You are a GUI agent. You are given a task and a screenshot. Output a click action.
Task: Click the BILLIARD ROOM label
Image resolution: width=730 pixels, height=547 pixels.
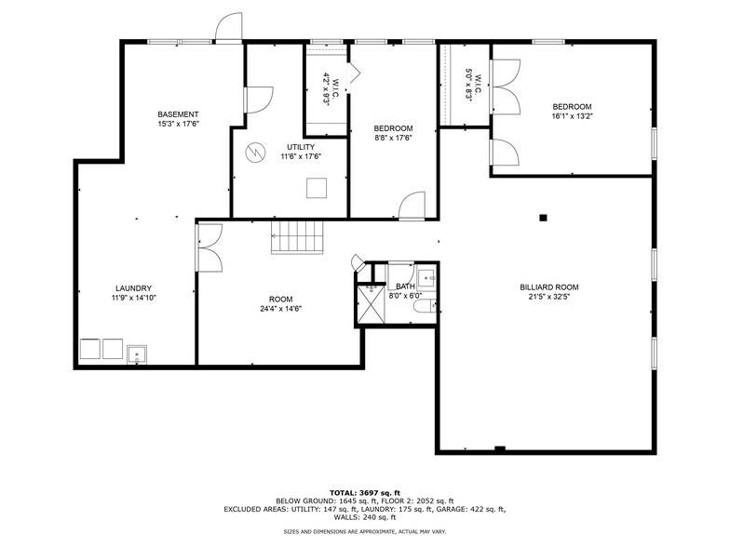[x=549, y=287]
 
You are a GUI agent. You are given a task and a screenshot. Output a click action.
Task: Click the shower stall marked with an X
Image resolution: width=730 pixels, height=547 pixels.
[x=371, y=304]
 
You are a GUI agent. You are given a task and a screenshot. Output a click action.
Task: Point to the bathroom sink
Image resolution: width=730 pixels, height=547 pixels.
[x=426, y=276]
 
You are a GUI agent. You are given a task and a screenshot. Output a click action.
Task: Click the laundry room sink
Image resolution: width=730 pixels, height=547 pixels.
[x=137, y=353]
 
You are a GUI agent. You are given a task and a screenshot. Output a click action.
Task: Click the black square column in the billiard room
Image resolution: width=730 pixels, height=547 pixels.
[x=544, y=219]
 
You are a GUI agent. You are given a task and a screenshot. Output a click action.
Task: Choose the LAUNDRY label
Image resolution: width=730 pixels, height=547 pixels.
[x=133, y=288]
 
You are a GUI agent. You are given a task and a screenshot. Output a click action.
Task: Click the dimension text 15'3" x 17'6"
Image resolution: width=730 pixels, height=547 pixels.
[x=178, y=123]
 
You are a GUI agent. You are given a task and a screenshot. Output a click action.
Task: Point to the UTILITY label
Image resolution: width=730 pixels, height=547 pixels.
[x=300, y=147]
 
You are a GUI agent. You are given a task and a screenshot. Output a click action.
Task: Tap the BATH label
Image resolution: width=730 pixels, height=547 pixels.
[x=404, y=287]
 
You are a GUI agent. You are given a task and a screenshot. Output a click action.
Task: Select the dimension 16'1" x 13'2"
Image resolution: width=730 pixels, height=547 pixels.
[x=572, y=116]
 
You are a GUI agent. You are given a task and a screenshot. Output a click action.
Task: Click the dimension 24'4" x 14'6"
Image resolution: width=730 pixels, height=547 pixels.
[x=280, y=309]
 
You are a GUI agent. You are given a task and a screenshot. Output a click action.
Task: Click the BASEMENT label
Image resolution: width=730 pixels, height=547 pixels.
[x=178, y=113]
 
